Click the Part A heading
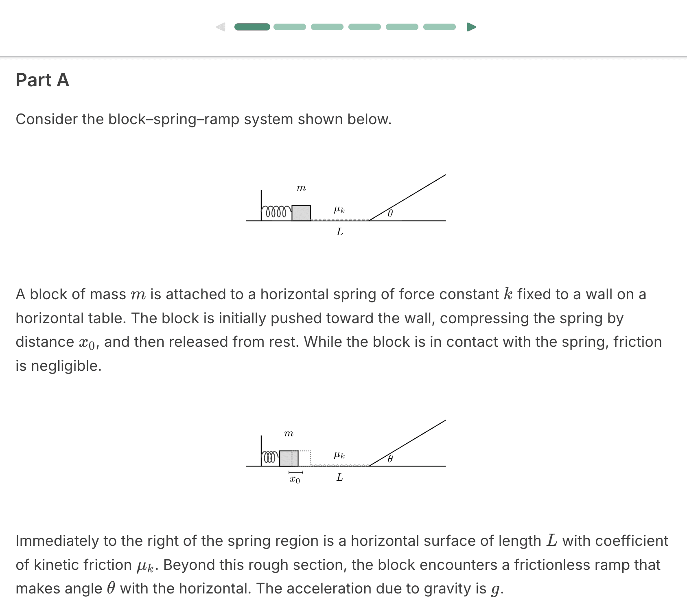42,80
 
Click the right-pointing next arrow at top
471,27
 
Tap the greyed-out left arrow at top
221,27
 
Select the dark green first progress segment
252,27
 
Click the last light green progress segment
439,27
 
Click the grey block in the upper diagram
301,213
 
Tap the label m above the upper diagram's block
301,188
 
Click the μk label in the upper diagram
339,210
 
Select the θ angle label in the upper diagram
390,213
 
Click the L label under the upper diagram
340,232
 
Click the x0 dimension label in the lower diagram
295,479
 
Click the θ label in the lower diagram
390,459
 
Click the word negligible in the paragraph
66,366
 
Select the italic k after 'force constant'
508,294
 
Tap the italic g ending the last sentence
495,589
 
